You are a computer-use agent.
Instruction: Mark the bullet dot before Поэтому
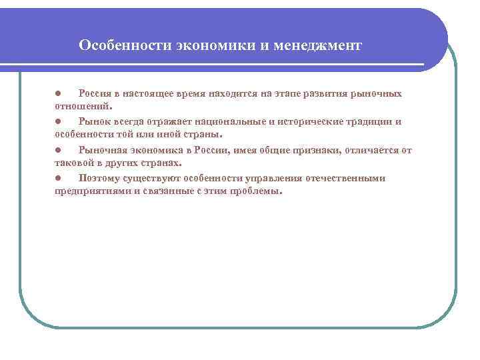59,178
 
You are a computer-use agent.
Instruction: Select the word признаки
314,150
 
